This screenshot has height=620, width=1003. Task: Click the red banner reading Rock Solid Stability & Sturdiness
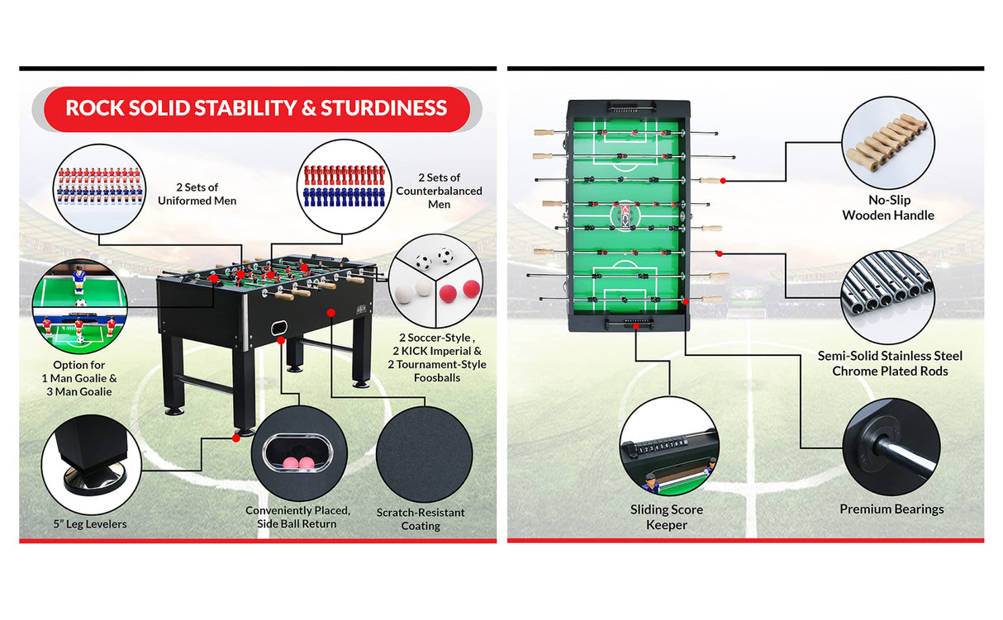pos(256,108)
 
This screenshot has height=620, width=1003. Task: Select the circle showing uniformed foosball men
pos(98,188)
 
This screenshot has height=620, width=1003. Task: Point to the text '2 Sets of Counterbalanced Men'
pos(439,191)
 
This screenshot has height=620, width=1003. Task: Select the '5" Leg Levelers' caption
pos(91,523)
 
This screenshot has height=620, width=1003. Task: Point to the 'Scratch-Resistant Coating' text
pos(421,519)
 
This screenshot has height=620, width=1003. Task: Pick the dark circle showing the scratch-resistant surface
pos(424,454)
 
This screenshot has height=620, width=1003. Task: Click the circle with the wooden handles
pos(887,142)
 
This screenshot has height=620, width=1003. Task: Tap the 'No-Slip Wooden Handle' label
pos(888,207)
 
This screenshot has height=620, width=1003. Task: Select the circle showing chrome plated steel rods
pos(888,296)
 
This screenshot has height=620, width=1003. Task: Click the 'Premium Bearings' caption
pos(891,509)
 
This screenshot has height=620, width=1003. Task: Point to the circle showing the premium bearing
pos(891,447)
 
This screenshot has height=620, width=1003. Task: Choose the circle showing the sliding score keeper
pos(669,446)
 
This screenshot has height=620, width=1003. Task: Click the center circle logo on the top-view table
pos(629,215)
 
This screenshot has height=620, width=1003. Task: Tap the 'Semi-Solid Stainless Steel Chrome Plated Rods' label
pos(890,363)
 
